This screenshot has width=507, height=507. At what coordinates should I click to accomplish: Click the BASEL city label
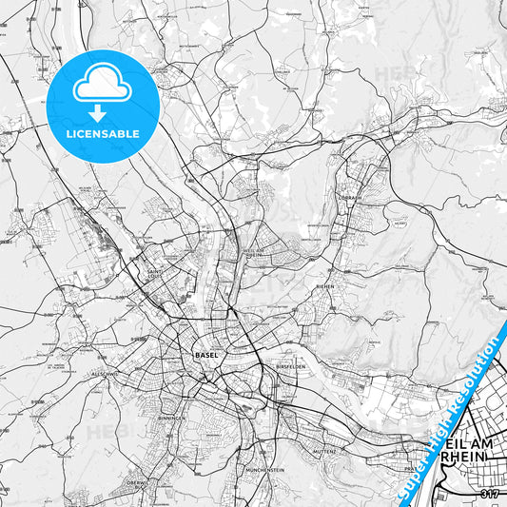(205, 355)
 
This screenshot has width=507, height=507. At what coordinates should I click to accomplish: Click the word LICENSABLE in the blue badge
(103, 133)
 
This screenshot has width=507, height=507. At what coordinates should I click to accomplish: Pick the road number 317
(489, 495)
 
